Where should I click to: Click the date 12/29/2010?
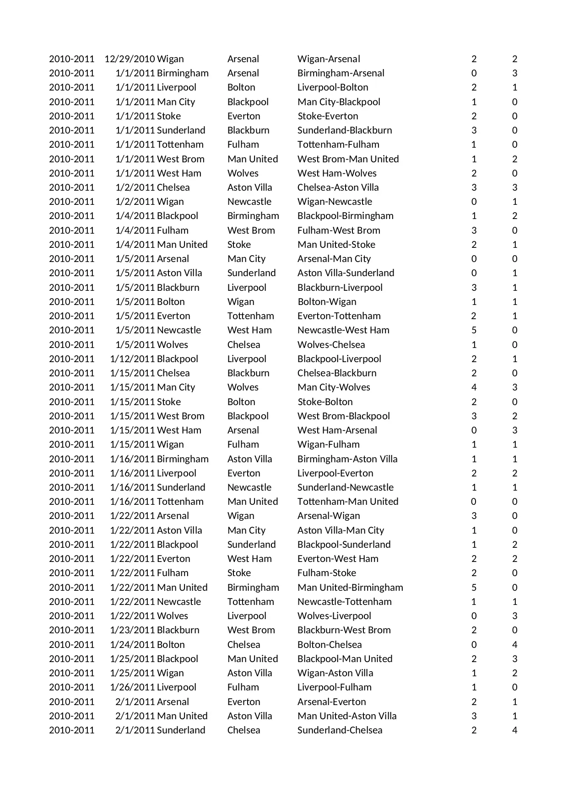coord(130,59)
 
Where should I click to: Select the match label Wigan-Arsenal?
coord(329,59)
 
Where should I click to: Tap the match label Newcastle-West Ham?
coord(343,330)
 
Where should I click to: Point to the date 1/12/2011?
coord(132,359)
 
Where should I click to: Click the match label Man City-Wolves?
coord(334,387)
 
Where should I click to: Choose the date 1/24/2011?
coord(132,645)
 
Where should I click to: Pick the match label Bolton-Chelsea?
coord(330,645)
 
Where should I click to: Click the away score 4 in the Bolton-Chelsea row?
coord(514,645)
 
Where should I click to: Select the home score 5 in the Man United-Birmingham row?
coord(474,588)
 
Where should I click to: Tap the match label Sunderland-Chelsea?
coord(340,730)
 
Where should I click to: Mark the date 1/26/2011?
coord(132,687)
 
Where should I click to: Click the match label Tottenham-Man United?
coord(348,502)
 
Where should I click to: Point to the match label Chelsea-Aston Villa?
coord(338,187)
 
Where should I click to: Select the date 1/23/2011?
coord(132,630)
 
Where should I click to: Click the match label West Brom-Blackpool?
coord(344,416)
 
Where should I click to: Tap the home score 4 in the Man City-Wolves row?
coord(474,387)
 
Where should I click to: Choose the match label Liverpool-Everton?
coord(335,473)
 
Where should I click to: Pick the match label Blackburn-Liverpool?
coord(340,288)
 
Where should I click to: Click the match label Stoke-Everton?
coord(328,116)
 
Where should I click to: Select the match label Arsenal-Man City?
coord(334,259)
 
